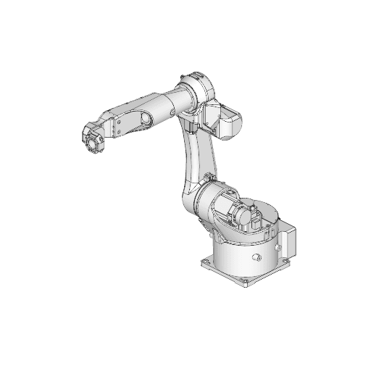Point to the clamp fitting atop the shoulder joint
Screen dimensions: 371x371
(x=209, y=178)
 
